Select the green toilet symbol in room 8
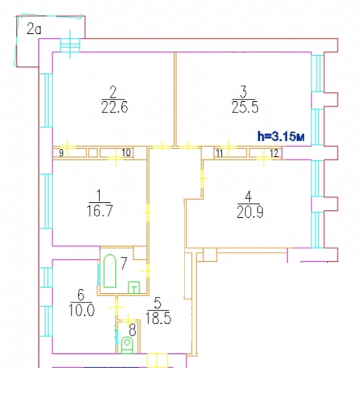coord(127,345)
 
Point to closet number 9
coord(61,154)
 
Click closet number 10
coord(126,154)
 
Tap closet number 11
coord(219,154)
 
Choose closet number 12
coord(275,154)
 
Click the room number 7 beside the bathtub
coord(124,263)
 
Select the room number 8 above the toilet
coord(132,329)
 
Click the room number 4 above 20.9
coord(249,196)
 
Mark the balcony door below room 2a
coord(69,44)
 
